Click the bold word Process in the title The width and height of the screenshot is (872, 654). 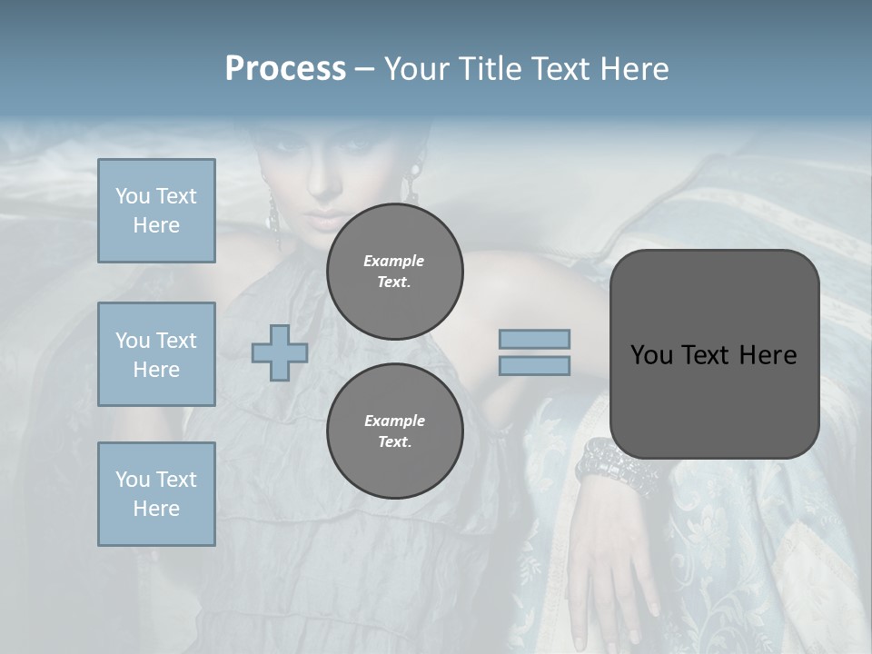point(285,69)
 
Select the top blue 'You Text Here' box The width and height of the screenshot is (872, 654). point(156,211)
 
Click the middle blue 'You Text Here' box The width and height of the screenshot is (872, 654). point(156,354)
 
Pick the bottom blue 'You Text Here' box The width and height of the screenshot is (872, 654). point(156,494)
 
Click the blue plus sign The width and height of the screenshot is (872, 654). point(280,352)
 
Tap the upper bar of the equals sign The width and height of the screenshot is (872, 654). point(534,339)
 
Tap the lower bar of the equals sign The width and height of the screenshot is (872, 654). point(534,365)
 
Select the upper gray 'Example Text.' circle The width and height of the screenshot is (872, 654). point(394,272)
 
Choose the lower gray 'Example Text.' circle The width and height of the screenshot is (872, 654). point(394,431)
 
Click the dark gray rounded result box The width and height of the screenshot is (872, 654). point(714,400)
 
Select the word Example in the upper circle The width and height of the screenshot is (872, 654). point(394,261)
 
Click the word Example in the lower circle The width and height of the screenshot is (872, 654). point(394,421)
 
